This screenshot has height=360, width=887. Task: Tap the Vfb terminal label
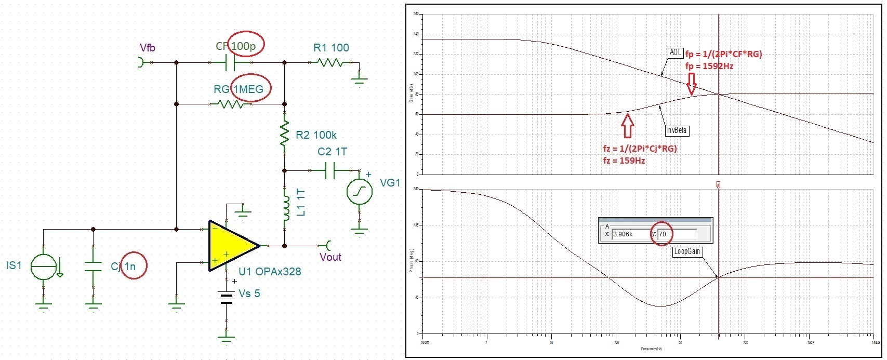tap(148, 48)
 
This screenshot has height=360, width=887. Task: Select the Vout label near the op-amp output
tap(330, 257)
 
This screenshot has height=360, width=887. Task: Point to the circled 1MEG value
tap(248, 89)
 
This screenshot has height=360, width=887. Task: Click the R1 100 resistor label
tap(331, 48)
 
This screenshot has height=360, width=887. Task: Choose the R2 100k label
tap(316, 135)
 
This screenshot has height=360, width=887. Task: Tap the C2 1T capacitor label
tap(332, 152)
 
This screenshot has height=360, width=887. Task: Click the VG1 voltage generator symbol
tap(360, 191)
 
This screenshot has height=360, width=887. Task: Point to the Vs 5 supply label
tap(249, 294)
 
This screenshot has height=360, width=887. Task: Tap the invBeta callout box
tap(677, 131)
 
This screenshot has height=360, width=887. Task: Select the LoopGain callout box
tap(687, 252)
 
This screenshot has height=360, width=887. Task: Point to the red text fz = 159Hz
tap(624, 161)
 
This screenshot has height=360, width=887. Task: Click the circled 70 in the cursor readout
tap(663, 234)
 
